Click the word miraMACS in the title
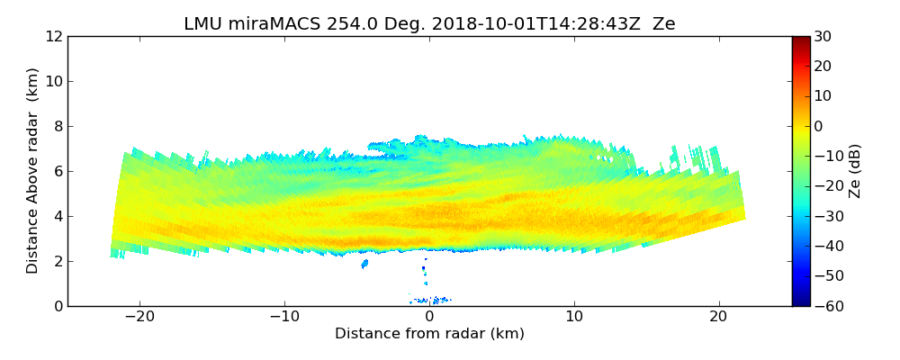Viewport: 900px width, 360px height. [268, 23]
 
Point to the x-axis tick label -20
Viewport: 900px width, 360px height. [139, 317]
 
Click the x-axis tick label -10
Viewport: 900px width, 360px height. [283, 317]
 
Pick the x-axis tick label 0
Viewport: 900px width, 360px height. [429, 317]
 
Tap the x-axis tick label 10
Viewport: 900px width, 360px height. [574, 317]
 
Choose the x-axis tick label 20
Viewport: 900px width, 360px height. [719, 317]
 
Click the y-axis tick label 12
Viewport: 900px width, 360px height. [53, 36]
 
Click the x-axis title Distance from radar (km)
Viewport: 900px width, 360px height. [429, 334]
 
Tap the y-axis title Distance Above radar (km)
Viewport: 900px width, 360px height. [32, 170]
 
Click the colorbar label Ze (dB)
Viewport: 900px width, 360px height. [855, 171]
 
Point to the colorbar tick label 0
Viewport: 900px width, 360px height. [820, 126]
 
